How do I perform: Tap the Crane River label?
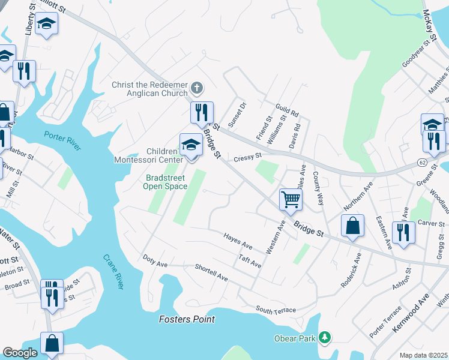point(112,270)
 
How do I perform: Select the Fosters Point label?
point(187,319)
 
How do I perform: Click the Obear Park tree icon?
point(325,338)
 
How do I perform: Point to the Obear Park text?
point(298,339)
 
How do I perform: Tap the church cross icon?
point(196,89)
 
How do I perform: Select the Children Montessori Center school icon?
point(191,145)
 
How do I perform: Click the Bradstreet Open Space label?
point(165,182)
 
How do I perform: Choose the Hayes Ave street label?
point(238,241)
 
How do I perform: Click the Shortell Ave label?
point(211,273)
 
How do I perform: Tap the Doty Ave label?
point(155,260)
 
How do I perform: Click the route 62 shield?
point(423,163)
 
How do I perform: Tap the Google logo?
point(20,353)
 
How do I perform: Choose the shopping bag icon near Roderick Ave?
point(352,226)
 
